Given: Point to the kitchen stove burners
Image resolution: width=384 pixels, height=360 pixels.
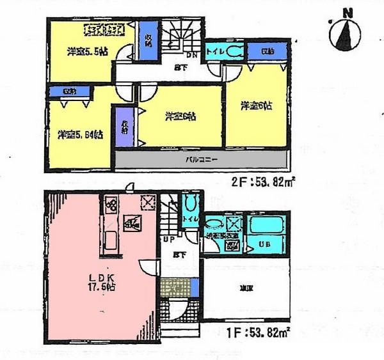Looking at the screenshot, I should pos(111,207).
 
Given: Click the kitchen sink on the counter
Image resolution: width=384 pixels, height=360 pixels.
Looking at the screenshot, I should pos(110,242).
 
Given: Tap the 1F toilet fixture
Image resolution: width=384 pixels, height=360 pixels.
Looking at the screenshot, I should pos(189,207).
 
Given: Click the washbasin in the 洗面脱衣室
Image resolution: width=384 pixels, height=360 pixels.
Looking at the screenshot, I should pos(214,225).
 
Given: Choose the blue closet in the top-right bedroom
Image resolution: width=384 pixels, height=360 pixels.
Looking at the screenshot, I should pos(268,52).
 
